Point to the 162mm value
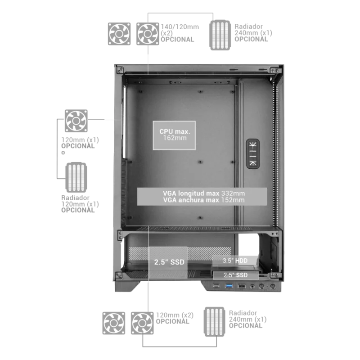[x=175, y=138]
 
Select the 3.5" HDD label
[x=235, y=261]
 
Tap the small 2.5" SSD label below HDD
[x=235, y=274]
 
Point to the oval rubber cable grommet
[x=253, y=153]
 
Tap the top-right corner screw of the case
[x=273, y=69]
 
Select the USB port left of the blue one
[x=216, y=286]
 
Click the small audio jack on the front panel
[x=252, y=286]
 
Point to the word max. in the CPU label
[x=183, y=131]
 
